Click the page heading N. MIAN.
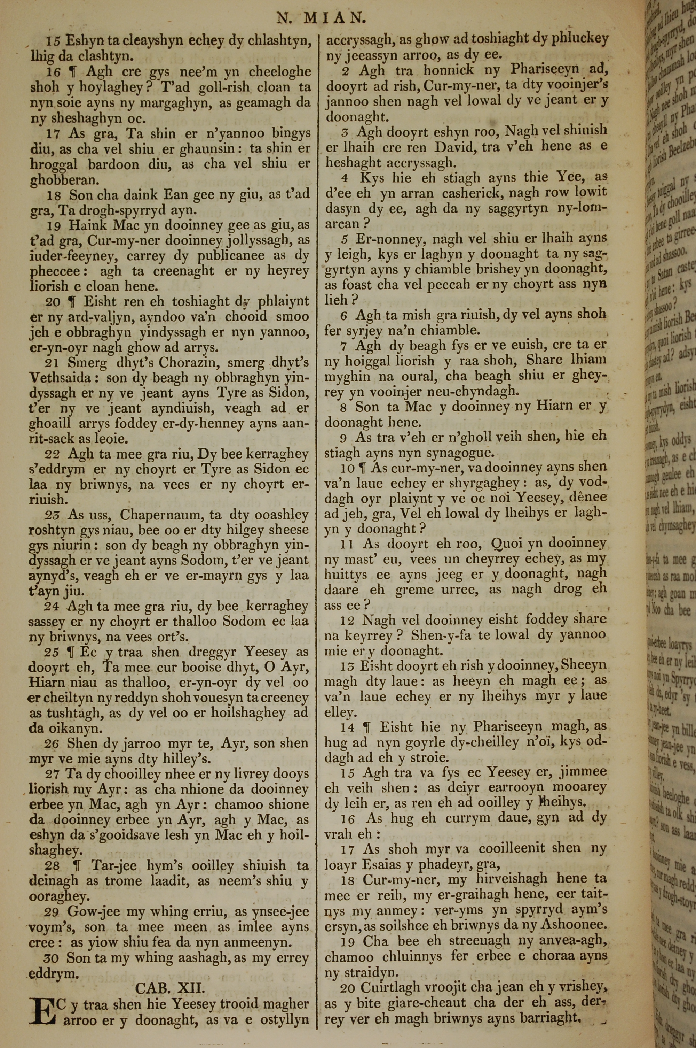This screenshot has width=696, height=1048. click(321, 18)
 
